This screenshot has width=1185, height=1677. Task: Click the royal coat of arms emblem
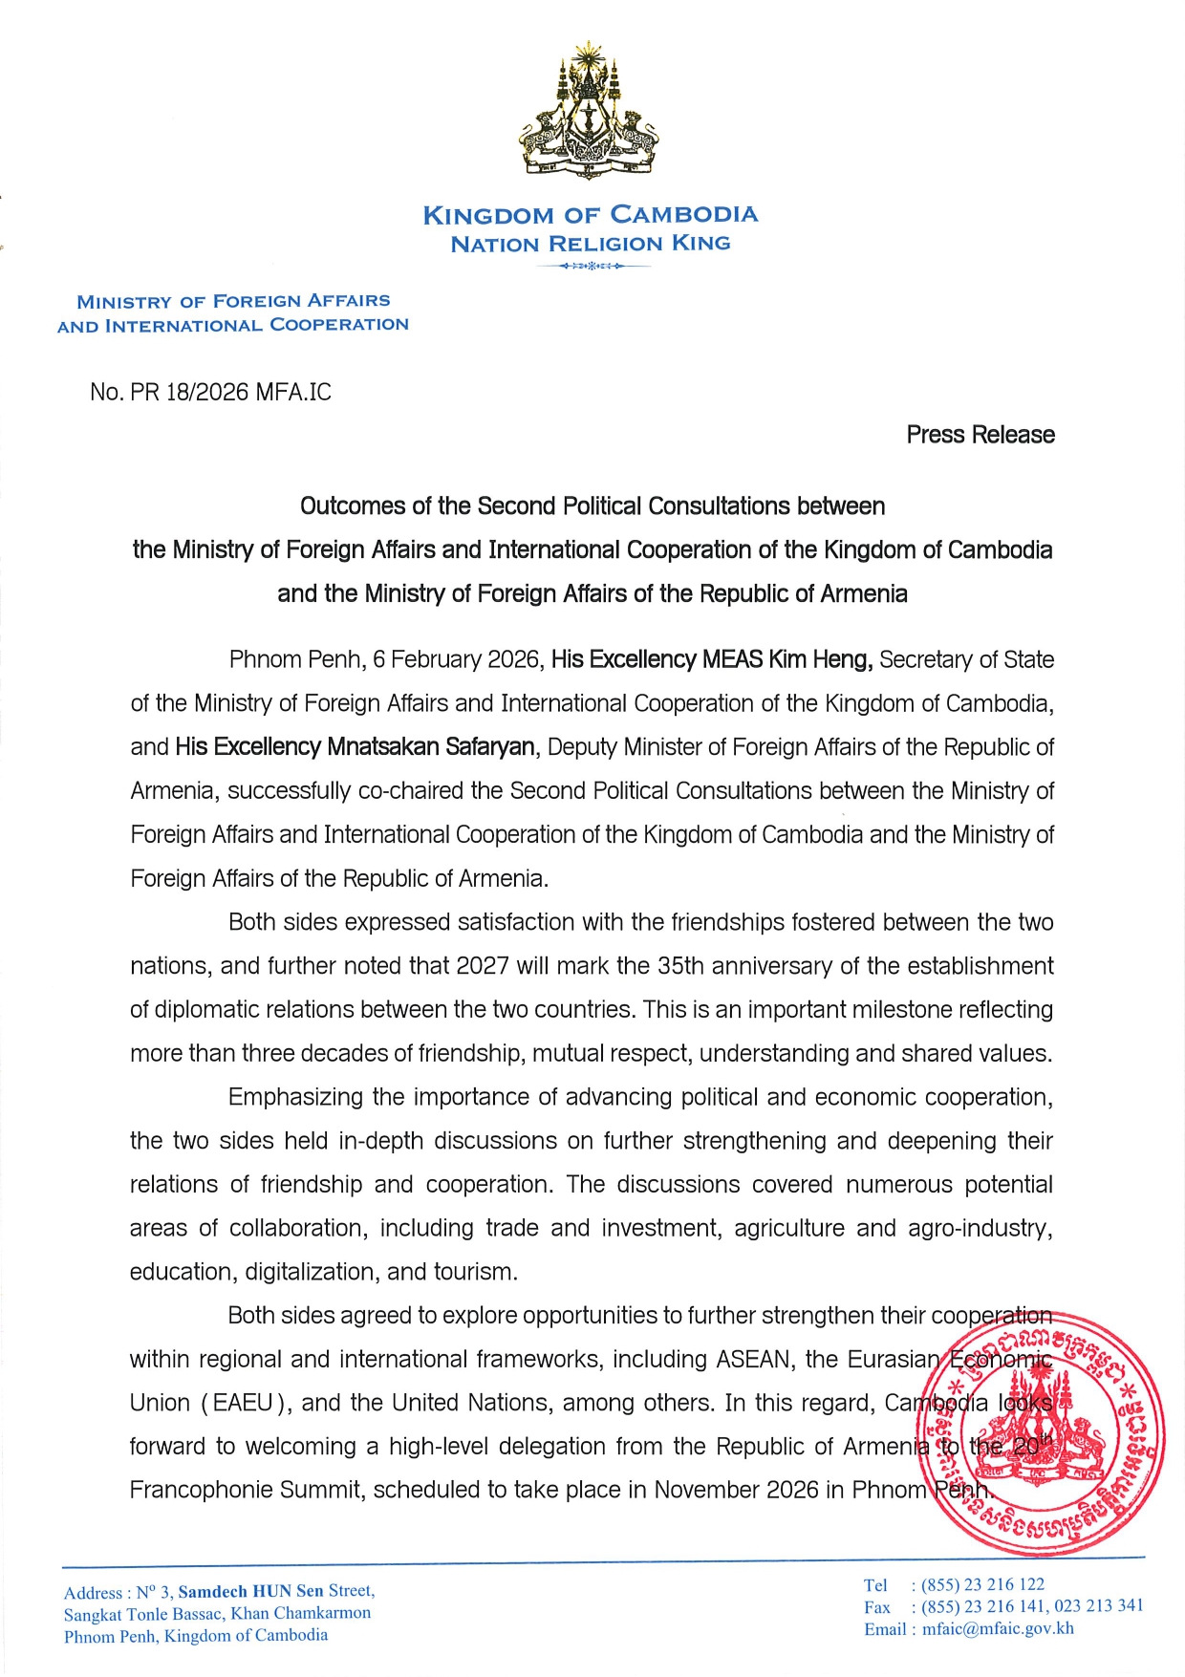(590, 111)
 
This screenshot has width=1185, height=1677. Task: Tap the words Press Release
(980, 435)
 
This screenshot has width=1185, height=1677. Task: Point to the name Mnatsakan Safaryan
(431, 747)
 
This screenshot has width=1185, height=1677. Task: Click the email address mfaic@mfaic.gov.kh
(998, 1629)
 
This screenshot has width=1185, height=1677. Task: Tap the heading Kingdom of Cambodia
(591, 215)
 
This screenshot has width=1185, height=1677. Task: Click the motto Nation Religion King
(591, 244)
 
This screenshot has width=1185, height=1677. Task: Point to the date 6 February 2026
(456, 659)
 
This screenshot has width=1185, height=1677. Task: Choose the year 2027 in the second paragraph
(483, 966)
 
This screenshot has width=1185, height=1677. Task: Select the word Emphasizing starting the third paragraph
(295, 1097)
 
